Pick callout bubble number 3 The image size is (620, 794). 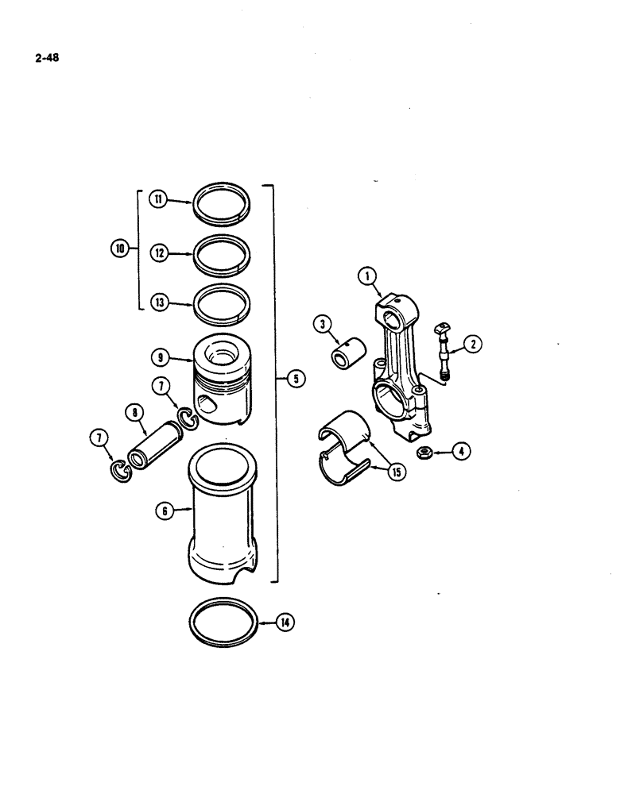[322, 324]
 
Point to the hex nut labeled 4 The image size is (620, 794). [426, 453]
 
